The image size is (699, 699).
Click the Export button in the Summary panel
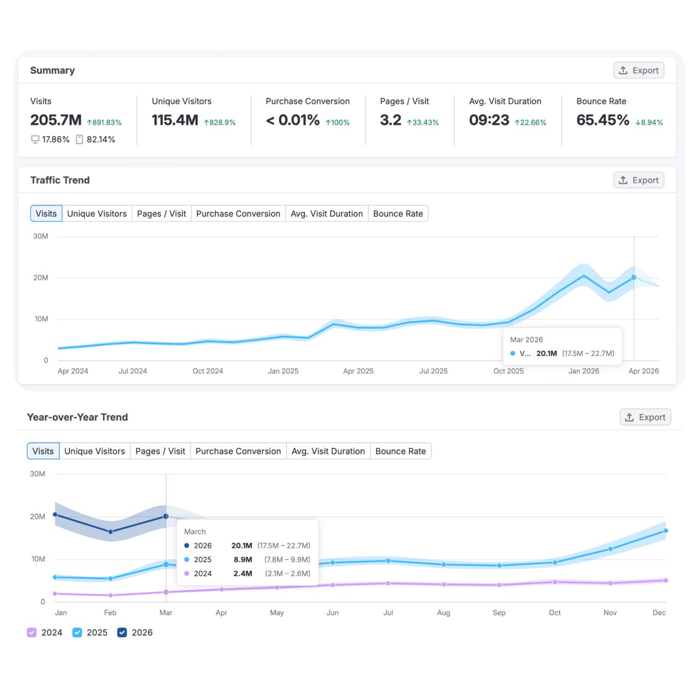click(638, 70)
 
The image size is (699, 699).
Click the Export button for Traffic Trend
click(638, 180)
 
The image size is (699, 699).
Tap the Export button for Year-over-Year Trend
click(645, 417)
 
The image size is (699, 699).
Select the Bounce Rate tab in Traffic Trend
click(398, 214)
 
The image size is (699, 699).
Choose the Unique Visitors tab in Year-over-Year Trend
click(94, 451)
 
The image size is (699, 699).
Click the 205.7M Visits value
click(56, 120)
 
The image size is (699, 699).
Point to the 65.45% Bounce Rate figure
click(602, 120)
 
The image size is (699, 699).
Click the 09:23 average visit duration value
click(489, 120)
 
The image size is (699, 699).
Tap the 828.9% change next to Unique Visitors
click(220, 123)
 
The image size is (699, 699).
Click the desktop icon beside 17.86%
click(35, 140)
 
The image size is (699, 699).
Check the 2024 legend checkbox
click(32, 632)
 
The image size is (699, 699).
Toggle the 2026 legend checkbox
click(122, 632)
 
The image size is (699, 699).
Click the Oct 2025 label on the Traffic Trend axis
click(508, 371)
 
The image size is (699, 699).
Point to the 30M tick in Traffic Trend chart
click(40, 236)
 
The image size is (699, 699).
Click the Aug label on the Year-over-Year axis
click(443, 613)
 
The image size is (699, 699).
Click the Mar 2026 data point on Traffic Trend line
click(634, 277)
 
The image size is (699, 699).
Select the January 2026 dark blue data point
click(55, 514)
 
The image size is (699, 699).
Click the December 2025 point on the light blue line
click(666, 531)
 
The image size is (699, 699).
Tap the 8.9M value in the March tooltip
click(242, 560)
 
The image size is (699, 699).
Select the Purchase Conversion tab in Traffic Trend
click(238, 214)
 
